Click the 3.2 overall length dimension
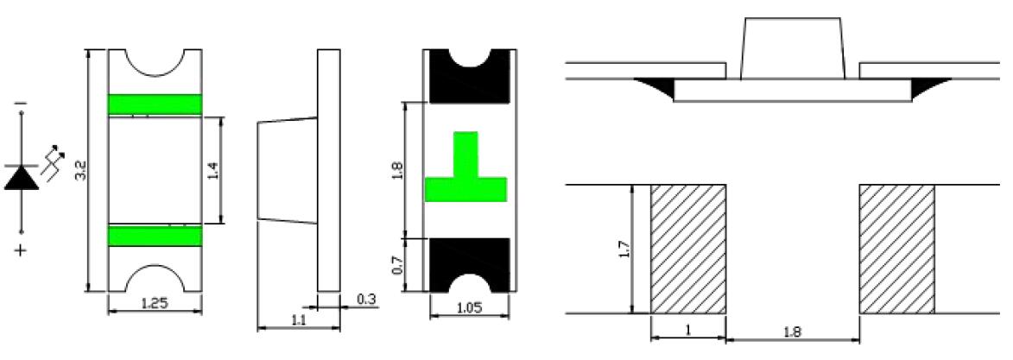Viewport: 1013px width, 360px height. tap(81, 171)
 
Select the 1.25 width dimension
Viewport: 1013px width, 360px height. tap(155, 303)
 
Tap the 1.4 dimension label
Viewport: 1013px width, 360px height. tap(214, 171)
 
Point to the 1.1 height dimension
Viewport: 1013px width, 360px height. tap(298, 319)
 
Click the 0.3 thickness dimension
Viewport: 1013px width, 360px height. tap(366, 300)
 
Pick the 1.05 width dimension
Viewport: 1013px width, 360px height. tap(469, 307)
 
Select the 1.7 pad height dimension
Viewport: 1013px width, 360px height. tap(624, 249)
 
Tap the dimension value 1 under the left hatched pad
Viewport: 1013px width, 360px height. tap(688, 330)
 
